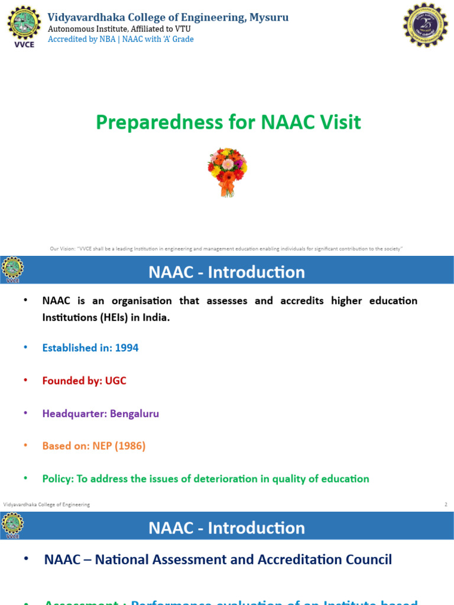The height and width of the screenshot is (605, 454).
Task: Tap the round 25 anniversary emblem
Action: coord(426,25)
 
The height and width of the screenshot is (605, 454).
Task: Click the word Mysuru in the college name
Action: coord(269,18)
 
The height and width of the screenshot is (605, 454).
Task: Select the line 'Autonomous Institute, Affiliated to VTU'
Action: coord(119,28)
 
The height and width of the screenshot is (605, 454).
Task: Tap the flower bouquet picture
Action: coord(227,171)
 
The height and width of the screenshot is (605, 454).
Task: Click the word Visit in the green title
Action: coord(339,122)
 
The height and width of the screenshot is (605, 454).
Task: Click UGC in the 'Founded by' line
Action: coord(115,381)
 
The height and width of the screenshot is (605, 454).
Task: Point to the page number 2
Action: coord(446,505)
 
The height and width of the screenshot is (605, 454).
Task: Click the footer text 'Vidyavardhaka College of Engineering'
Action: coord(47,505)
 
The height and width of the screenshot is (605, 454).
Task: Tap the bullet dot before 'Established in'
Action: coord(25,348)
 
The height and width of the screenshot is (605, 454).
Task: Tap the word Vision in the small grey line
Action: coord(68,249)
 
